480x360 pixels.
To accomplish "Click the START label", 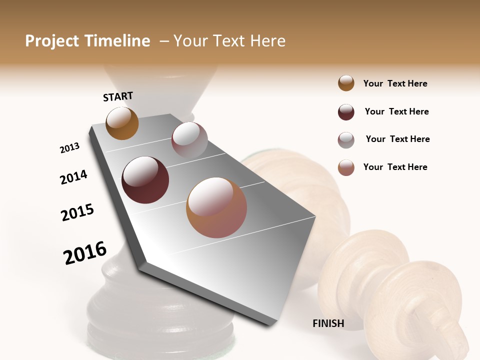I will (118, 96).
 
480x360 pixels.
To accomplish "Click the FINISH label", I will (328, 323).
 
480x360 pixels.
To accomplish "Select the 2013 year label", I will (69, 148).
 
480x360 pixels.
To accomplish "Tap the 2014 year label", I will (73, 177).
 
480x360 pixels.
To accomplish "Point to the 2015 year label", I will (77, 212).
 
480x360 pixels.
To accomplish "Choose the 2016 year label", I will (85, 252).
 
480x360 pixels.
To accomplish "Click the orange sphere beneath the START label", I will (122, 123).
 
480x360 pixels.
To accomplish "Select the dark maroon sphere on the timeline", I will (145, 180).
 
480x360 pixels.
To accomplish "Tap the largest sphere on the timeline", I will (216, 207).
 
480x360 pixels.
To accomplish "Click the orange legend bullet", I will (346, 83).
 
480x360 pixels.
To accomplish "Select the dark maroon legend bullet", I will (346, 112).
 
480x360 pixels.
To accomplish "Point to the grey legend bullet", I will (346, 140).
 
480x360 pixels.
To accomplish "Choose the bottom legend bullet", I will (346, 167).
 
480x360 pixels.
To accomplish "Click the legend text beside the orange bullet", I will (395, 83).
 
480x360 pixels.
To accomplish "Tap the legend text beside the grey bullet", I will (397, 139).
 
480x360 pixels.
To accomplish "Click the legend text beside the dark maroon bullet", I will (396, 111).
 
